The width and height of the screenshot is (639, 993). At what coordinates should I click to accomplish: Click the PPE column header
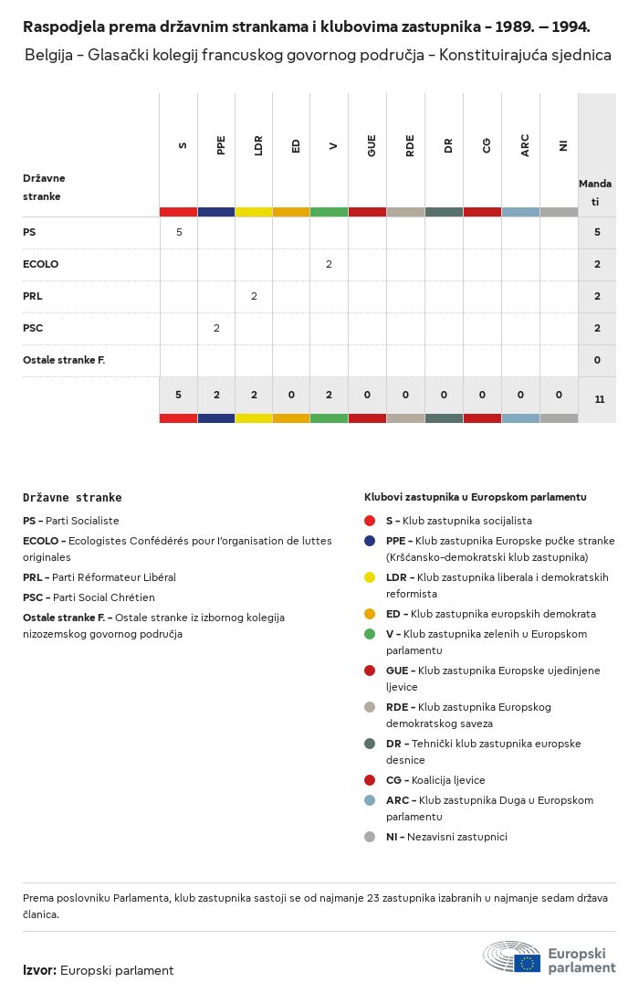[x=221, y=145]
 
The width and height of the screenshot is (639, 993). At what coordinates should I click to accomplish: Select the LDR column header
[x=259, y=145]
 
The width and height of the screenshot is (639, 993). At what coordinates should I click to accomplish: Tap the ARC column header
[x=525, y=145]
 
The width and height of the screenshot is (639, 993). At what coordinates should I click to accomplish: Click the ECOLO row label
[x=40, y=264]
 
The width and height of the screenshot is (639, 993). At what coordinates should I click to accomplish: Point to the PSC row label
[x=33, y=328]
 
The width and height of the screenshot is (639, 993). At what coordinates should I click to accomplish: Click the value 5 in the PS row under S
[x=179, y=232]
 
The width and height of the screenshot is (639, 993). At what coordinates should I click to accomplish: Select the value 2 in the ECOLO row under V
[x=329, y=264]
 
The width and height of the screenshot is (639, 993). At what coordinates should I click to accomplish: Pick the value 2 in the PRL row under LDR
[x=254, y=296]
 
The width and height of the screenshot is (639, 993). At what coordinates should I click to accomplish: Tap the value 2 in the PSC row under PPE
[x=216, y=328]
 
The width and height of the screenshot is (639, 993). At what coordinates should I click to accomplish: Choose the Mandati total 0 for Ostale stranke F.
[x=597, y=360]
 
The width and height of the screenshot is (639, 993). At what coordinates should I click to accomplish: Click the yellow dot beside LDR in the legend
[x=369, y=577]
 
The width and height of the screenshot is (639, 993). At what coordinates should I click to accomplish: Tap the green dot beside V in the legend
[x=369, y=634]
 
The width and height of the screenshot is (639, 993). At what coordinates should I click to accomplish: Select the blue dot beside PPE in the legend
[x=369, y=541]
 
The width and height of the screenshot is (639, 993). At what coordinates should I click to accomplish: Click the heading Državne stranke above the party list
[x=72, y=498]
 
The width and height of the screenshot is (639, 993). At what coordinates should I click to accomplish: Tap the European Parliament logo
[x=550, y=957]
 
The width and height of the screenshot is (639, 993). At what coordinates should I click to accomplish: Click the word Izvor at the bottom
[x=39, y=970]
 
